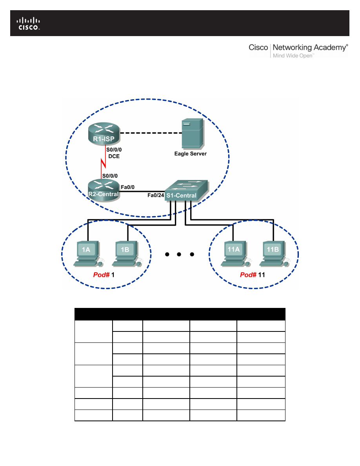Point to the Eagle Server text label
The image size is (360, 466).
click(190, 154)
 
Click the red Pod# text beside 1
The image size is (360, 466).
click(101, 275)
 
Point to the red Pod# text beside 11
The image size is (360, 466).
click(248, 275)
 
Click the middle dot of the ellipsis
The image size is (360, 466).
click(179, 255)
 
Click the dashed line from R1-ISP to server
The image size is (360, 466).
click(149, 133)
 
